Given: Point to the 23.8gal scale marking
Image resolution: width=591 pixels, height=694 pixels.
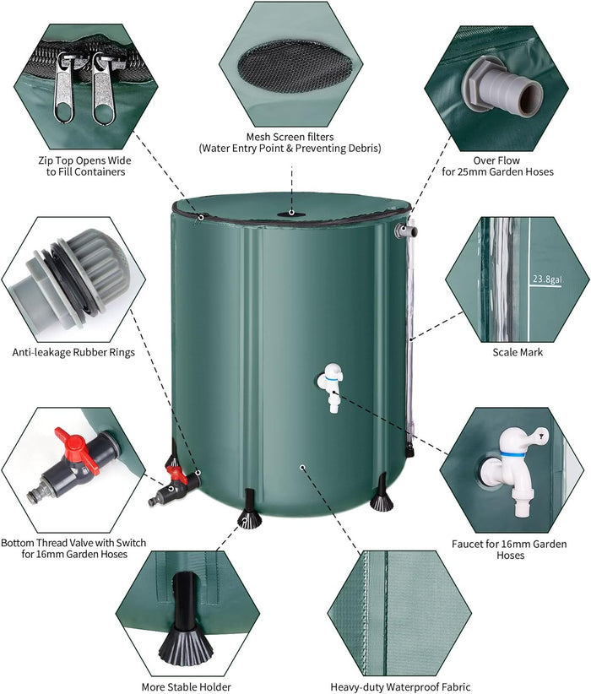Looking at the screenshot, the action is point(547,279).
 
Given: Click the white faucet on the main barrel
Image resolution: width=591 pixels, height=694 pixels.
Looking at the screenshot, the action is point(331,387).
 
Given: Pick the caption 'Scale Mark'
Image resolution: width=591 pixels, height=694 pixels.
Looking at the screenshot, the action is point(518,352).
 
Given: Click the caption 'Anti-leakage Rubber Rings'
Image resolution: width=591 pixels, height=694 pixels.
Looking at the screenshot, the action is point(73,353).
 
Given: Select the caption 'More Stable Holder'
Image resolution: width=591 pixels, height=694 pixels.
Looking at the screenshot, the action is point(186,687).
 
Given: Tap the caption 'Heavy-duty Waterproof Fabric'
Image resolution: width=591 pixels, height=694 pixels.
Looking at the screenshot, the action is point(401,687).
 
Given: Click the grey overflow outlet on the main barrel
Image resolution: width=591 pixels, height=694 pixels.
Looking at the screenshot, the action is point(406,230).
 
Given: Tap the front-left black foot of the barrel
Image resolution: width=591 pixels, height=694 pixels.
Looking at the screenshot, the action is point(250,510).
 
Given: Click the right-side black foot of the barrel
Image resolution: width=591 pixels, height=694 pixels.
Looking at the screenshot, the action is point(382,494).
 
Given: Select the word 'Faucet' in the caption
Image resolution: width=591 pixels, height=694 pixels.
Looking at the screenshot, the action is point(467,544).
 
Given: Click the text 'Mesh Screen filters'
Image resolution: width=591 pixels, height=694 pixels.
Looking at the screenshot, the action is point(290,137).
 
